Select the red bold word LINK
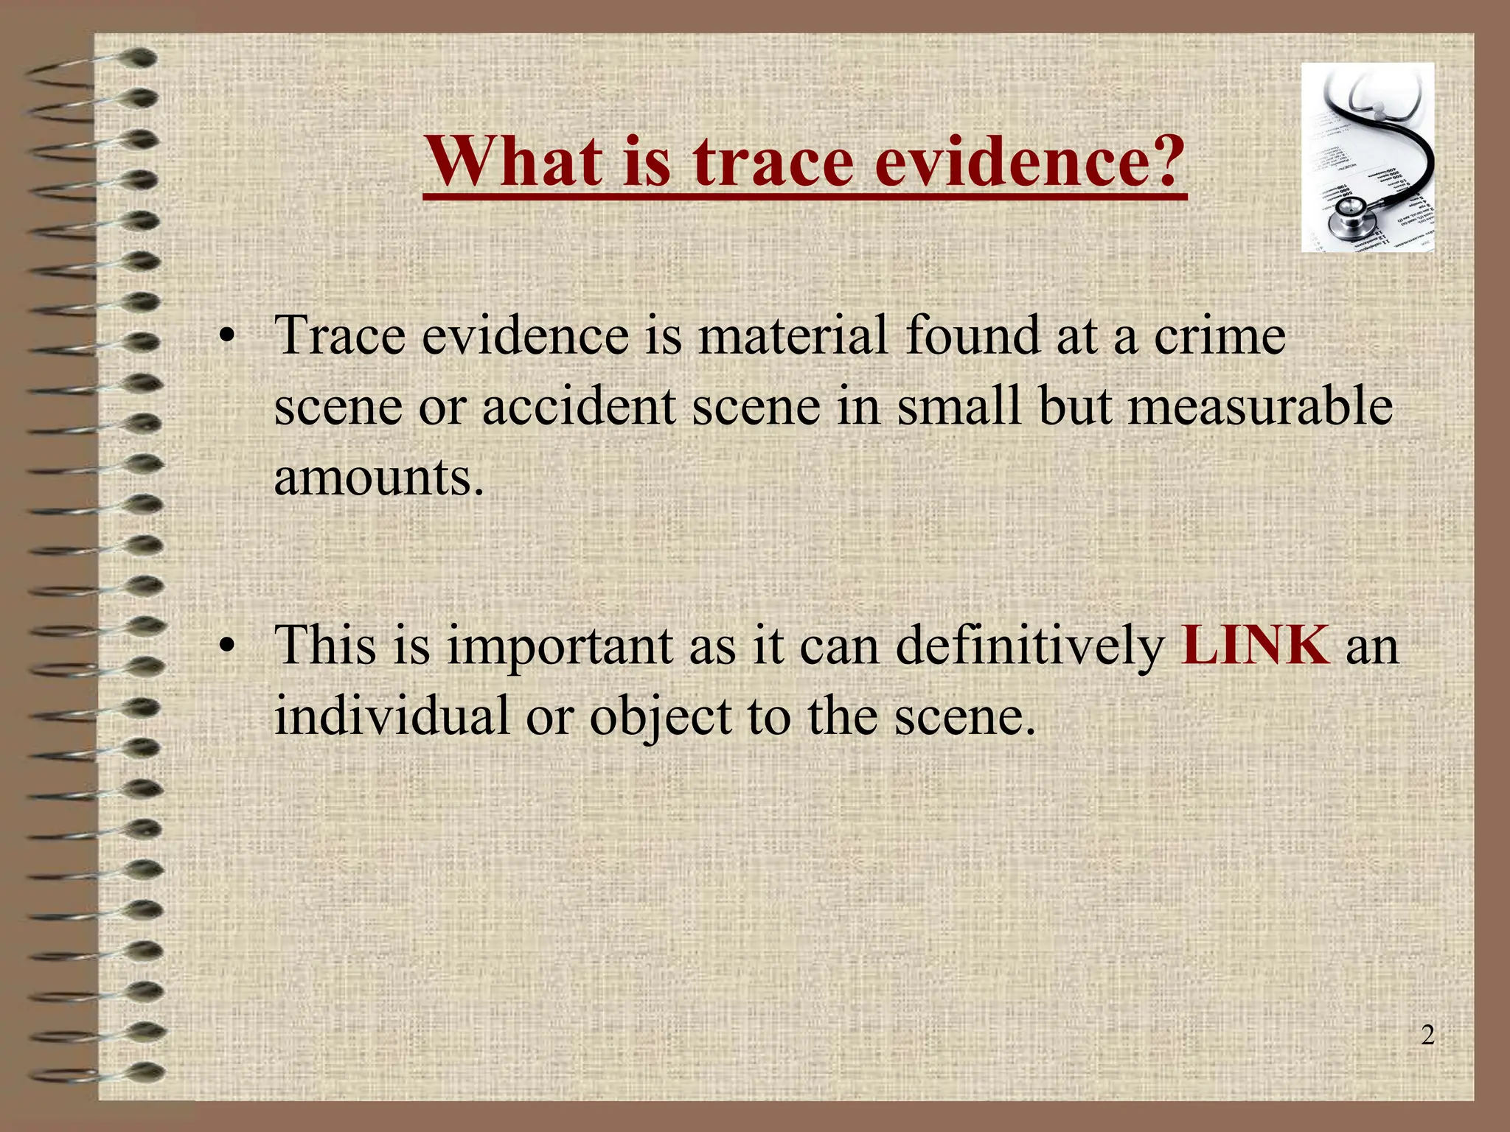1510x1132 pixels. (1255, 646)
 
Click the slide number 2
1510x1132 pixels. (1427, 1035)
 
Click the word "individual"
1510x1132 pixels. (392, 716)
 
